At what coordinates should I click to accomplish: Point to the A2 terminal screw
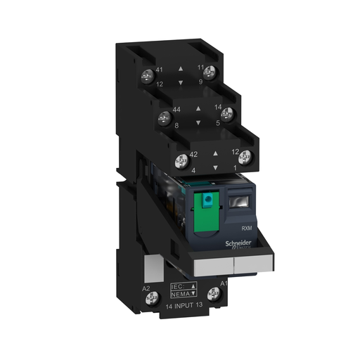[x=150, y=300]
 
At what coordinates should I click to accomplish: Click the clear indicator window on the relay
[x=236, y=205]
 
